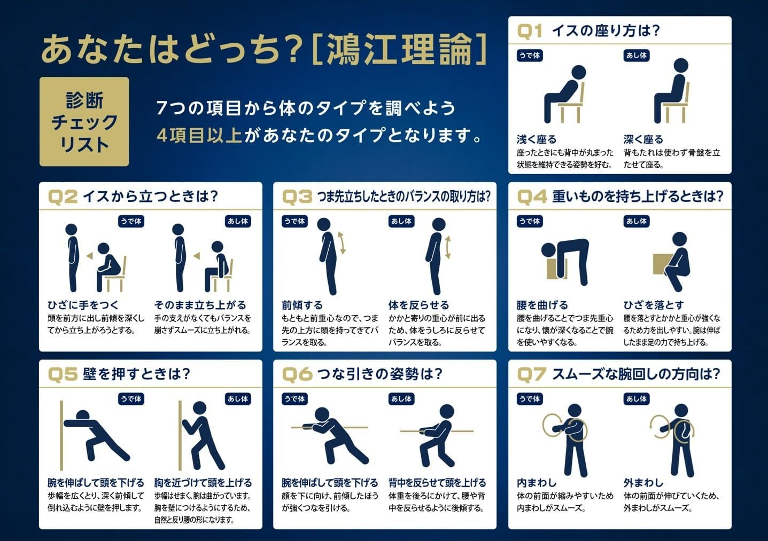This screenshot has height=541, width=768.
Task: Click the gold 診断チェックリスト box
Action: click(84, 122)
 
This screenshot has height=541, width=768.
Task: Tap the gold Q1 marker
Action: click(530, 31)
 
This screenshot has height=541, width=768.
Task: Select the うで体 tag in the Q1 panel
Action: click(530, 56)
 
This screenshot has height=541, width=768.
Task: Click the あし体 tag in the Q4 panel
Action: click(637, 221)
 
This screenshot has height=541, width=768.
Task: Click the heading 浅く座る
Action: click(537, 139)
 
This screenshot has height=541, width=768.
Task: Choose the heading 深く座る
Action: click(643, 139)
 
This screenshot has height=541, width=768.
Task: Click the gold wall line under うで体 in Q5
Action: click(61, 435)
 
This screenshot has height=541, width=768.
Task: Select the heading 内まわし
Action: click(537, 483)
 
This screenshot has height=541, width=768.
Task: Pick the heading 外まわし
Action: click(643, 483)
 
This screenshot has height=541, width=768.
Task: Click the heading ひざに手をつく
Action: click(83, 305)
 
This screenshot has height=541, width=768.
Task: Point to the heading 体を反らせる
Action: click(418, 305)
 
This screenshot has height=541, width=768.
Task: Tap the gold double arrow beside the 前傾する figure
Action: click(342, 243)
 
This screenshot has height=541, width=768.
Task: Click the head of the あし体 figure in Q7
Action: click(681, 411)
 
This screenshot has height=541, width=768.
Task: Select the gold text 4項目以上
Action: click(199, 135)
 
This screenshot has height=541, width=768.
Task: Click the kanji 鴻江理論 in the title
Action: click(399, 49)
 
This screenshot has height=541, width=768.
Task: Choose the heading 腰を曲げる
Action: click(542, 305)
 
